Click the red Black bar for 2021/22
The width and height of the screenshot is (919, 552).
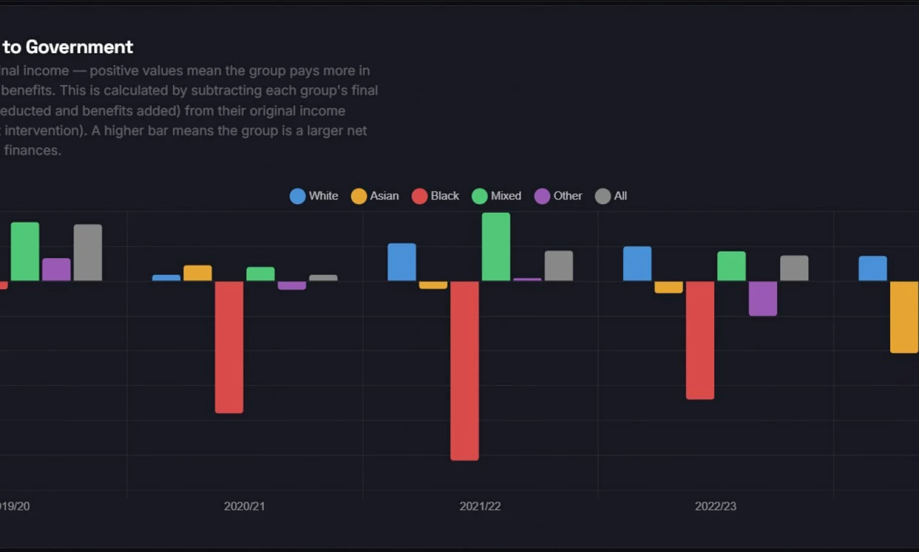point(464,371)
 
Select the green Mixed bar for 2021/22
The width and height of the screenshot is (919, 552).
point(496,247)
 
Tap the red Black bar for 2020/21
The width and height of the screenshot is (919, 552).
point(229,347)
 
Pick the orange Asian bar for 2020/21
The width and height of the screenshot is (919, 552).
point(197,273)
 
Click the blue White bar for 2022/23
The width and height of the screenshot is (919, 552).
point(637,263)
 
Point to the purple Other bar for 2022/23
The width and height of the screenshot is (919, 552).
point(763,298)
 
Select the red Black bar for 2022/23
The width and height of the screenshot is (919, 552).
point(700,340)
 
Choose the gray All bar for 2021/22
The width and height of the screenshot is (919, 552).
point(559,266)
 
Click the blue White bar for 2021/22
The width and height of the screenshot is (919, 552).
point(401,262)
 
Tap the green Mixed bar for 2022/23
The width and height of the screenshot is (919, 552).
point(731,266)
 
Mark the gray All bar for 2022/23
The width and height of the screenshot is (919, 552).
point(794,268)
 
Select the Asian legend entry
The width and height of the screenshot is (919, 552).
point(375,196)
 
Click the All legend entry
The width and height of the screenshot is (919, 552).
point(611,196)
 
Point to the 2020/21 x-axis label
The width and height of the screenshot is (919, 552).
point(244,506)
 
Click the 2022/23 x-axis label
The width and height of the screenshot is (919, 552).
point(716,506)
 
